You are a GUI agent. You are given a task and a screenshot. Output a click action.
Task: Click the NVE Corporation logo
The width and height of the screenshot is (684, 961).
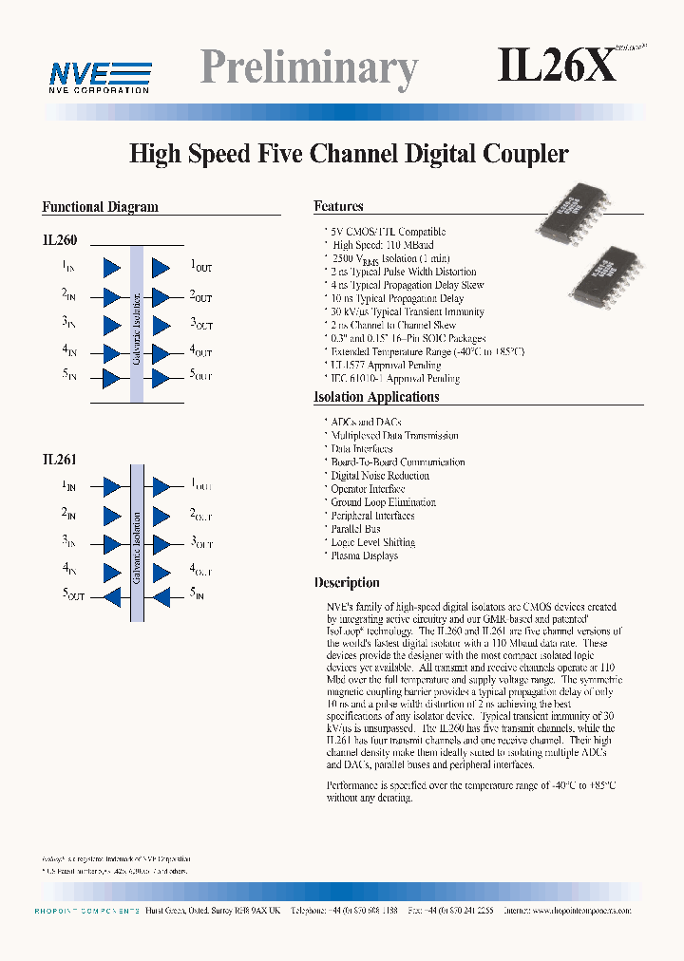point(100,76)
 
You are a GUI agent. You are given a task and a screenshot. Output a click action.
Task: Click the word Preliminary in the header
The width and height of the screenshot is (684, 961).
point(310,68)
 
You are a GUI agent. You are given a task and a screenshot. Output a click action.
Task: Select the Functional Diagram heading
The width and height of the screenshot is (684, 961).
point(100,207)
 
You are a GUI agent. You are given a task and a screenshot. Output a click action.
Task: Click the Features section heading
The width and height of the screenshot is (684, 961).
point(339,206)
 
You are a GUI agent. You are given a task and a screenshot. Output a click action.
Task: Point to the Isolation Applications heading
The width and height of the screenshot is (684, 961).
point(376,397)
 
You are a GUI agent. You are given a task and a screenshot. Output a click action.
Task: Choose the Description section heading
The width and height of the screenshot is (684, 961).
point(347,582)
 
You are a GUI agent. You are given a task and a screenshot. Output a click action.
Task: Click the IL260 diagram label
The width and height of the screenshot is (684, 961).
point(60,241)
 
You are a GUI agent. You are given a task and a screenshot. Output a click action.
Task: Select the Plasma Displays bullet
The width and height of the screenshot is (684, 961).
point(364,556)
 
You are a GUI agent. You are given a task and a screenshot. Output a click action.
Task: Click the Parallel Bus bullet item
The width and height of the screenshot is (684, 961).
point(355,529)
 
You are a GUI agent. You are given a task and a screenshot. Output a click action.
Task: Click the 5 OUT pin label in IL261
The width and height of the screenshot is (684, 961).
point(74,596)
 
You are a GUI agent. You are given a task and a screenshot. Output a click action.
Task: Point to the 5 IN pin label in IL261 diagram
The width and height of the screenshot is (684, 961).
point(197,594)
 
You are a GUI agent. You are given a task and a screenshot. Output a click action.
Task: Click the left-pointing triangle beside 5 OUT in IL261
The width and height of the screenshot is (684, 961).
point(112,597)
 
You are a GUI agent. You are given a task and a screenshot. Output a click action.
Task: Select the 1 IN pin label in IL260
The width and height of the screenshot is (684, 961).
point(68,267)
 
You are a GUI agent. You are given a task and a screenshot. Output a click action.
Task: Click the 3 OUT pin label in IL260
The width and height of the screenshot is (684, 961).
point(200,324)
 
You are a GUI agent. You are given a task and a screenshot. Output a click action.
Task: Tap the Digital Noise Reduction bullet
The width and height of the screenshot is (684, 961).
point(379,476)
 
